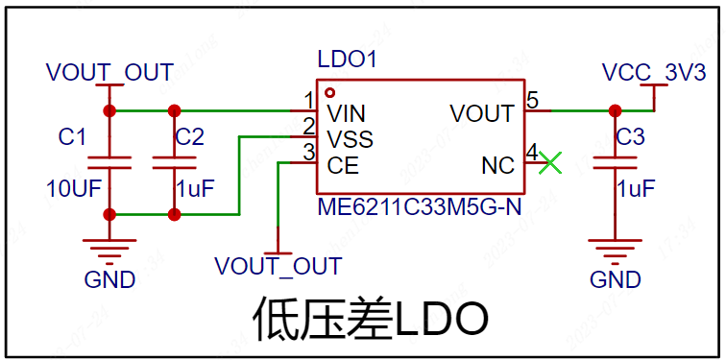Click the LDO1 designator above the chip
pyautogui.click(x=348, y=60)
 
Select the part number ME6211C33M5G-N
pyautogui.click(x=420, y=206)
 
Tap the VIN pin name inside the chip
pyautogui.click(x=347, y=113)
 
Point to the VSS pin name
pyautogui.click(x=350, y=139)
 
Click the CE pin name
pyautogui.click(x=343, y=166)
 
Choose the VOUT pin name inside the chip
pyautogui.click(x=482, y=113)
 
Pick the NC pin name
pyautogui.click(x=498, y=166)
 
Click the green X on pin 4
pyautogui.click(x=550, y=163)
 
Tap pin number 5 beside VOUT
pyautogui.click(x=532, y=102)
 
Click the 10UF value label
pyautogui.click(x=74, y=188)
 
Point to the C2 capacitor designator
pyautogui.click(x=190, y=137)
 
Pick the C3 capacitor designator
pyautogui.click(x=631, y=137)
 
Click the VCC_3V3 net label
pyautogui.click(x=654, y=73)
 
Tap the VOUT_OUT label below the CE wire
pyautogui.click(x=278, y=266)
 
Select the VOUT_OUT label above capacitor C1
pyautogui.click(x=109, y=73)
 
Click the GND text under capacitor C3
pyautogui.click(x=616, y=280)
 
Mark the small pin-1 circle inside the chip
pyautogui.click(x=329, y=91)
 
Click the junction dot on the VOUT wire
pyautogui.click(x=615, y=111)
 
